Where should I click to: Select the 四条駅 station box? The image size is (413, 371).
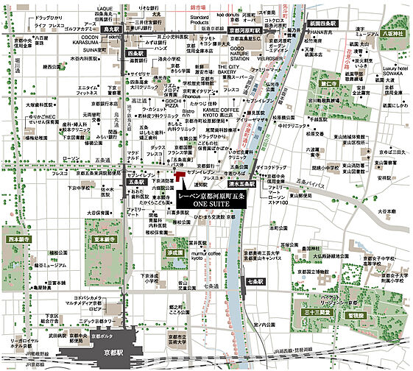tap(135, 54)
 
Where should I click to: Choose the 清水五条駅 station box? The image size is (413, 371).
tap(241, 184)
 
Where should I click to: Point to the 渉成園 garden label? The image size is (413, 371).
tap(174, 252)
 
